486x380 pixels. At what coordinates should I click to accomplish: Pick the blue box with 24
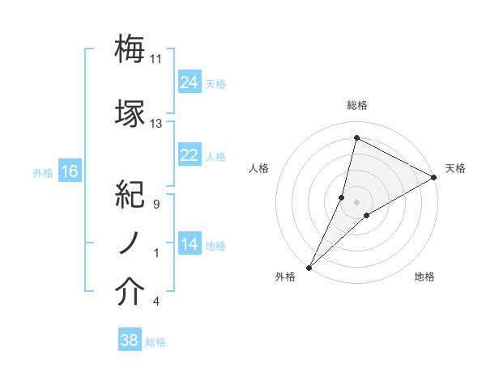click(189, 82)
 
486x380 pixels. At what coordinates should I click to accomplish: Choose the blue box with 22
click(189, 155)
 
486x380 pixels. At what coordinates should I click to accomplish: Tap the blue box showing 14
click(189, 244)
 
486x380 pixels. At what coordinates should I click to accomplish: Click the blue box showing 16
click(70, 171)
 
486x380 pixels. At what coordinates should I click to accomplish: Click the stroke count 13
click(156, 124)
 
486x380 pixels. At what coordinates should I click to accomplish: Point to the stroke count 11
click(156, 59)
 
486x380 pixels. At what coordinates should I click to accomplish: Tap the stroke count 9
click(156, 204)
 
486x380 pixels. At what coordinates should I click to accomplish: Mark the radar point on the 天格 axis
click(434, 177)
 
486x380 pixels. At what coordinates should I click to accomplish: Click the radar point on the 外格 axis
click(309, 268)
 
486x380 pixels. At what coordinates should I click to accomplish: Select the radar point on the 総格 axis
click(356, 137)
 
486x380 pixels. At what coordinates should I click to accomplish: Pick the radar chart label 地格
click(424, 277)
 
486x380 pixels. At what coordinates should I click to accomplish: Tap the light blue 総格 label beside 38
click(156, 342)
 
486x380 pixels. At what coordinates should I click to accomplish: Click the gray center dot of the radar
click(356, 201)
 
